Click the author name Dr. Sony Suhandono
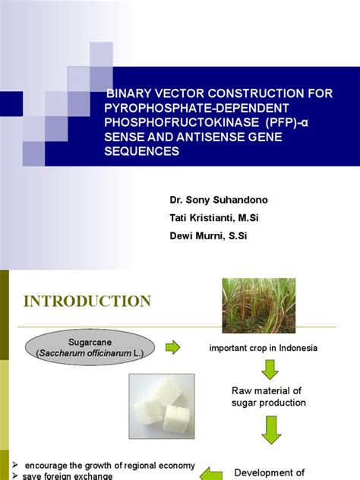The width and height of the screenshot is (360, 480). (219, 200)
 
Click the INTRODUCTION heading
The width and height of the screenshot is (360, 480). (87, 302)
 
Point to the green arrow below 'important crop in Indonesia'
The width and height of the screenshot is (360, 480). (270, 370)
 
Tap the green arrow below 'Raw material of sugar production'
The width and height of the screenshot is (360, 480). (270, 433)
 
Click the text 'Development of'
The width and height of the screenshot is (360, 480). (270, 472)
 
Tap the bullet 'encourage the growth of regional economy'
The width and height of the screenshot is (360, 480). (109, 466)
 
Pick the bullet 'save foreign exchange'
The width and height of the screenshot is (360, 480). (69, 476)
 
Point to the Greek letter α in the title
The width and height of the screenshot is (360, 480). (301, 122)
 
